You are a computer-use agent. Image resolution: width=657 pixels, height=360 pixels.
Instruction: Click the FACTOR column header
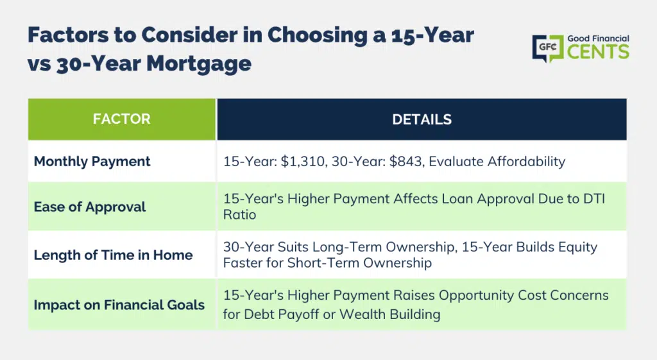point(121,119)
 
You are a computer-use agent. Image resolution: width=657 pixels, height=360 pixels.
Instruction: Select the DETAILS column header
point(422,119)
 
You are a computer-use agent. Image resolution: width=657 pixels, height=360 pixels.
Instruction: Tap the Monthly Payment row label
point(92,162)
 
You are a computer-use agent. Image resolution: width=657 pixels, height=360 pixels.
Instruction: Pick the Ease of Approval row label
point(90,207)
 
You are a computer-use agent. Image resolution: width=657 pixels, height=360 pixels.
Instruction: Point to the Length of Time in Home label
point(113,255)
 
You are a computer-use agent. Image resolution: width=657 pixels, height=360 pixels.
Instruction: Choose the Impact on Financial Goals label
point(119,305)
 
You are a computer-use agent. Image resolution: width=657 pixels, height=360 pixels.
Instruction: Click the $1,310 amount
point(303,162)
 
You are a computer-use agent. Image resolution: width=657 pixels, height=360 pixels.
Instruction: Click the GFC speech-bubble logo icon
point(548,48)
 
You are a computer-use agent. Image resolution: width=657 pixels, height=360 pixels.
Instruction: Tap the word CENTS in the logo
point(599,52)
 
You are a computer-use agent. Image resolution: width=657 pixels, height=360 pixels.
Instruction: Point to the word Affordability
point(497,162)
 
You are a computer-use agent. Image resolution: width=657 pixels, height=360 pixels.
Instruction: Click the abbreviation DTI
point(595,199)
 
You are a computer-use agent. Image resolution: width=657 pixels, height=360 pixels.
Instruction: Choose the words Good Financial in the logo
point(599,39)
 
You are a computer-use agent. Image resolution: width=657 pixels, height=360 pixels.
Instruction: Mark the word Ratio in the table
point(239,214)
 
